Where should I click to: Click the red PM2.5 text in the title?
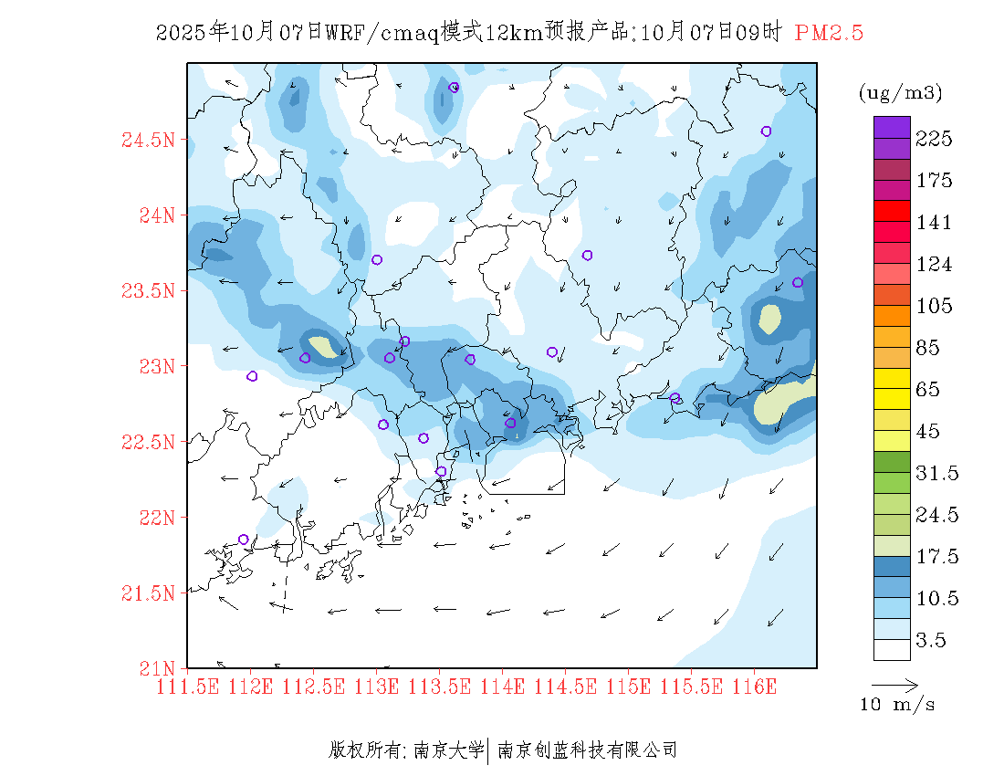point(829,33)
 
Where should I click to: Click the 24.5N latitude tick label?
point(148,141)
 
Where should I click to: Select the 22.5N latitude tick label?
point(148,443)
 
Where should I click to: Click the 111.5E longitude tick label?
point(188,687)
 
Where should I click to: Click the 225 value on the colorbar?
point(934,139)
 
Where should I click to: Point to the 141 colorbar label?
point(934,223)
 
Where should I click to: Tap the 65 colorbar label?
point(929,390)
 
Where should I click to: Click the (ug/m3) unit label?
point(900,93)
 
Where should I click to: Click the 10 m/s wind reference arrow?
point(894,684)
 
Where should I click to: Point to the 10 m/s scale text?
point(897,705)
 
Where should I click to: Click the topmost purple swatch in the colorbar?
point(892,127)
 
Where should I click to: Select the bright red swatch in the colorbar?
point(892,211)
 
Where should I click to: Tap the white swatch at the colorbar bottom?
point(892,649)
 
